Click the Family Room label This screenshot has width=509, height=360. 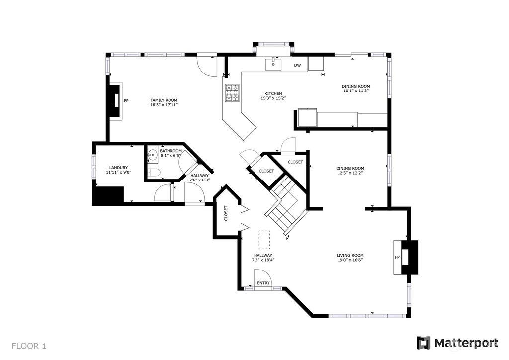[164, 102]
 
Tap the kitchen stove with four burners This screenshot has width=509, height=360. [233, 93]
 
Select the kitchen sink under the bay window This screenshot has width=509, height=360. [273, 64]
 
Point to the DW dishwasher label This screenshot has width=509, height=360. [297, 65]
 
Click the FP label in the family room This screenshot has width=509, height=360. [126, 101]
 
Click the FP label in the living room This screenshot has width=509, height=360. [397, 258]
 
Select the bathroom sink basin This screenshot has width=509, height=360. [152, 156]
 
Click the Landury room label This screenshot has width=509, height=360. [118, 170]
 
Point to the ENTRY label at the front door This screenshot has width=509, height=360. [263, 283]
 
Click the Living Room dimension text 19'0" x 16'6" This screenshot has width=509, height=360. [350, 260]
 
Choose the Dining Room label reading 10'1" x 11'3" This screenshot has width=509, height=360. [356, 89]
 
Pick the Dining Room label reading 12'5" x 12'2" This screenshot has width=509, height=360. [350, 171]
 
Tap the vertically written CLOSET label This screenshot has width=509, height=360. [226, 213]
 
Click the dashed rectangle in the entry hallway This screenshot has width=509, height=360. [264, 240]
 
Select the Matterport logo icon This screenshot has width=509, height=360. [424, 343]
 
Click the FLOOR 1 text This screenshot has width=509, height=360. [29, 346]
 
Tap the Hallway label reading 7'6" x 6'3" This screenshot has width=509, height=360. [200, 178]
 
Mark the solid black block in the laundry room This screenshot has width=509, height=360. [108, 196]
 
